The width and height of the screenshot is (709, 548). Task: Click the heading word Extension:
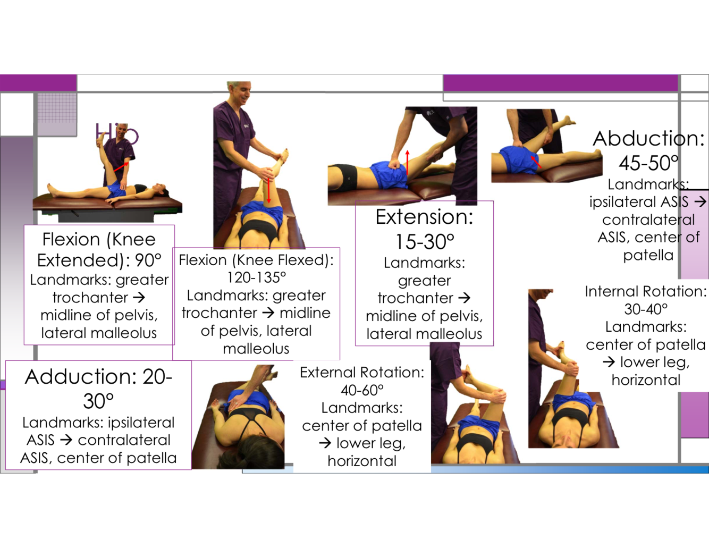pyautogui.click(x=424, y=217)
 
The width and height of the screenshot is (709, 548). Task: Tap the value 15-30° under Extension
pyautogui.click(x=424, y=242)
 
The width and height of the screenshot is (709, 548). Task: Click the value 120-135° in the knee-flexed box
pyautogui.click(x=256, y=277)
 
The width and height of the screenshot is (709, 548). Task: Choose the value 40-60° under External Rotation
pyautogui.click(x=362, y=390)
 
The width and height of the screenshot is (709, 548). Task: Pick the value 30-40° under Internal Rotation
pyautogui.click(x=646, y=309)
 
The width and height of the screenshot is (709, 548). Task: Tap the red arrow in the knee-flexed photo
pyautogui.click(x=269, y=190)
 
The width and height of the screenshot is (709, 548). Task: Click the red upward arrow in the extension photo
pyautogui.click(x=408, y=162)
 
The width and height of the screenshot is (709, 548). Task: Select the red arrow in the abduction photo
pyautogui.click(x=536, y=162)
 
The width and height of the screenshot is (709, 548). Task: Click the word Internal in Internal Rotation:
pyautogui.click(x=611, y=291)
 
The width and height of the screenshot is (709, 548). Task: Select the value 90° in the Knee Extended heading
pyautogui.click(x=147, y=260)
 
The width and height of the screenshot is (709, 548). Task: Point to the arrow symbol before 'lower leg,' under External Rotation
pyautogui.click(x=325, y=443)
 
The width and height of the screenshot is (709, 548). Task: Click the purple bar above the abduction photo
pyautogui.click(x=560, y=83)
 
